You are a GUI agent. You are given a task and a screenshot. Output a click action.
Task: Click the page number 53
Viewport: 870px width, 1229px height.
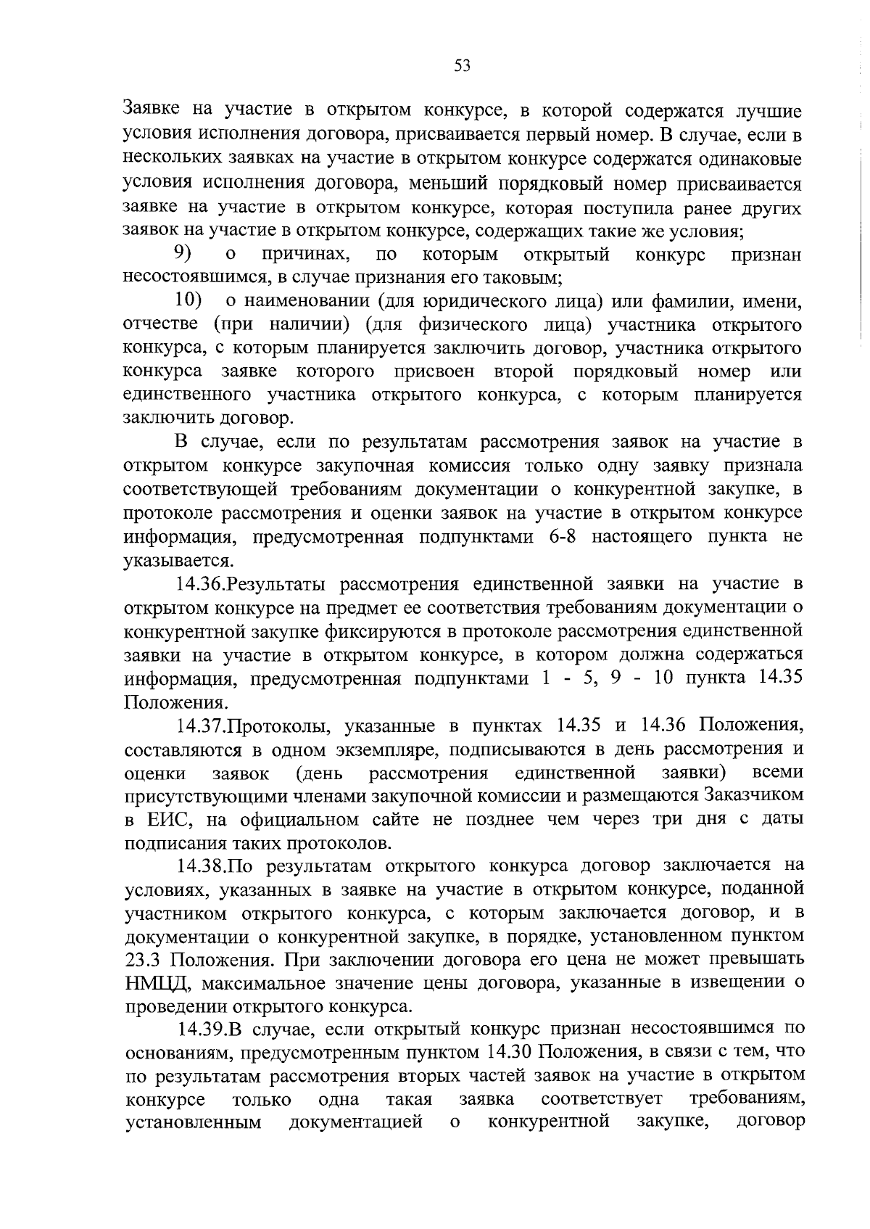pyautogui.click(x=462, y=66)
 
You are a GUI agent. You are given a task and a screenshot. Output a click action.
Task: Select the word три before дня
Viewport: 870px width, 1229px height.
pyautogui.click(x=660, y=820)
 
